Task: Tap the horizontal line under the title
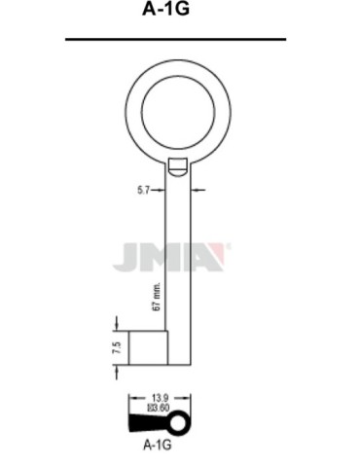point(175,40)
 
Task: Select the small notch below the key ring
point(178,167)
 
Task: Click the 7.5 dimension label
point(116,346)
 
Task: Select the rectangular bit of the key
point(149,347)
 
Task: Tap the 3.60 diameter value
point(161,409)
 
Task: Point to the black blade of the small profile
point(148,423)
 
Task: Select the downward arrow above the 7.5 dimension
point(117,322)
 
